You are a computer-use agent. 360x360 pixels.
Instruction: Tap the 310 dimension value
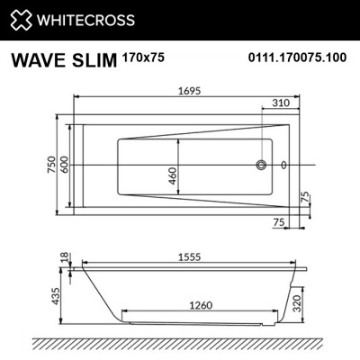(279, 104)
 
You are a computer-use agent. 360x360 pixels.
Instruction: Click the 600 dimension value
(64, 166)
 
